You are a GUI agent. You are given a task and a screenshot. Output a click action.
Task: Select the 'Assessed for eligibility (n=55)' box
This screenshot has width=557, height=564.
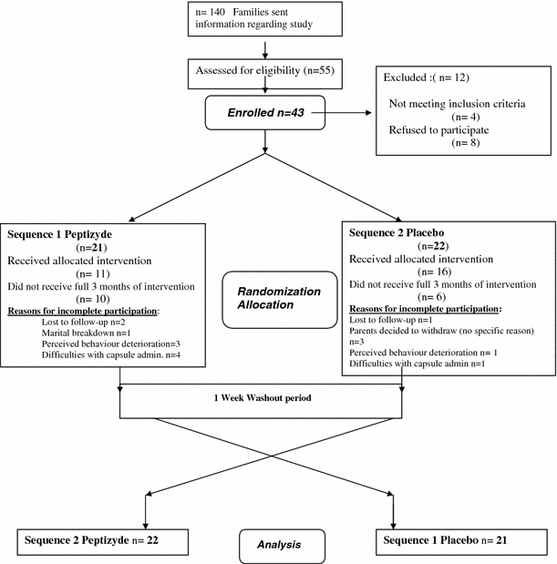coord(264,71)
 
